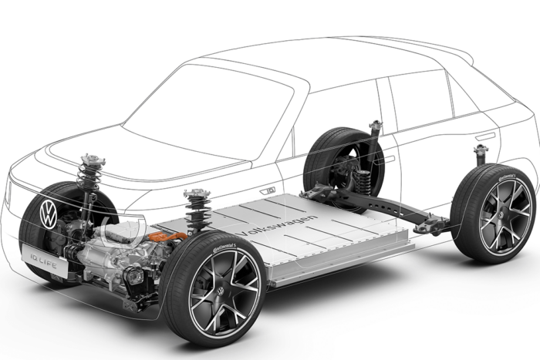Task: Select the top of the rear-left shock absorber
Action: click(376, 124)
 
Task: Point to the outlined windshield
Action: click(208, 116)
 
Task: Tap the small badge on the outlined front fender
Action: click(269, 189)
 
